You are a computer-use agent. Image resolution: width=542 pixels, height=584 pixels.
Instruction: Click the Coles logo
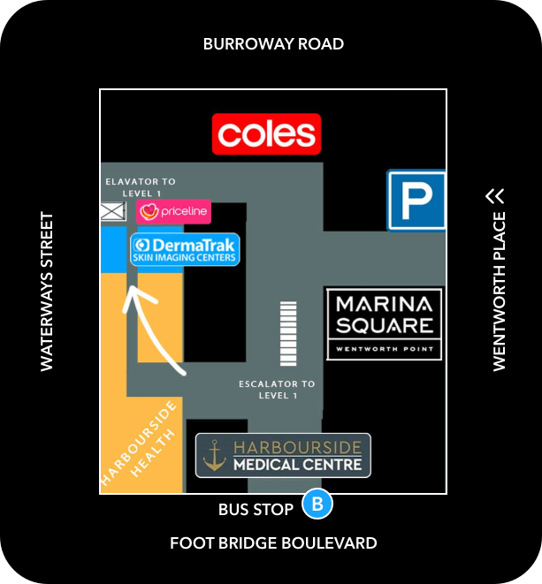coord(266,134)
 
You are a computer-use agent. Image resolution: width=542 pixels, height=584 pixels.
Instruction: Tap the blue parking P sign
coord(416,201)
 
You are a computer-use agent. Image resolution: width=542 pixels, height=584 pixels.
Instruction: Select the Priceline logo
coord(173,211)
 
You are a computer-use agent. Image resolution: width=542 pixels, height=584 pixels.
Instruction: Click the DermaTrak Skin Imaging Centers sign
coord(185,249)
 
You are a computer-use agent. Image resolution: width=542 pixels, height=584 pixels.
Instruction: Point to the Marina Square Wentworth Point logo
coord(385,324)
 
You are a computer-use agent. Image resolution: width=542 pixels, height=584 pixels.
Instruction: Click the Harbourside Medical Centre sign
coord(283,455)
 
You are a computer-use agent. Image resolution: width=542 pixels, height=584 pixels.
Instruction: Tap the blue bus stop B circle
coord(317,504)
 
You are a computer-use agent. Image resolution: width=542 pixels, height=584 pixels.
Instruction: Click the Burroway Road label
coord(273,44)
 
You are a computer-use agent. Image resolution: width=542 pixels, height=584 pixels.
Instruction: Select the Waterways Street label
coord(47,292)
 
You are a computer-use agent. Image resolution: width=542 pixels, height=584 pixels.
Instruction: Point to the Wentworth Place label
coord(500,292)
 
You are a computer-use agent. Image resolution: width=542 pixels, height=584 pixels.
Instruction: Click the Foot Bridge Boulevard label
coord(273,543)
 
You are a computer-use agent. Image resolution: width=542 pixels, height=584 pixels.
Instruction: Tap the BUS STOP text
coord(256,510)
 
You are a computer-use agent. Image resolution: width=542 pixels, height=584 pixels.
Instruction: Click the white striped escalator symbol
coord(288,334)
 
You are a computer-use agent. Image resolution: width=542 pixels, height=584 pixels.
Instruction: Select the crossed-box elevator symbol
coord(113,211)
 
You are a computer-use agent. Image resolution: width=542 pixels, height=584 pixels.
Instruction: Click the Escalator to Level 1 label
coord(277,390)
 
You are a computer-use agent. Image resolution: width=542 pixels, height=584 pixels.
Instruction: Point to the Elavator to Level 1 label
coord(141,187)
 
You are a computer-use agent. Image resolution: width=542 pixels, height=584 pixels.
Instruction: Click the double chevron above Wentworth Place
coord(495,196)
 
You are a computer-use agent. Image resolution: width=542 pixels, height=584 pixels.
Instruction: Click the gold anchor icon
coord(214,455)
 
